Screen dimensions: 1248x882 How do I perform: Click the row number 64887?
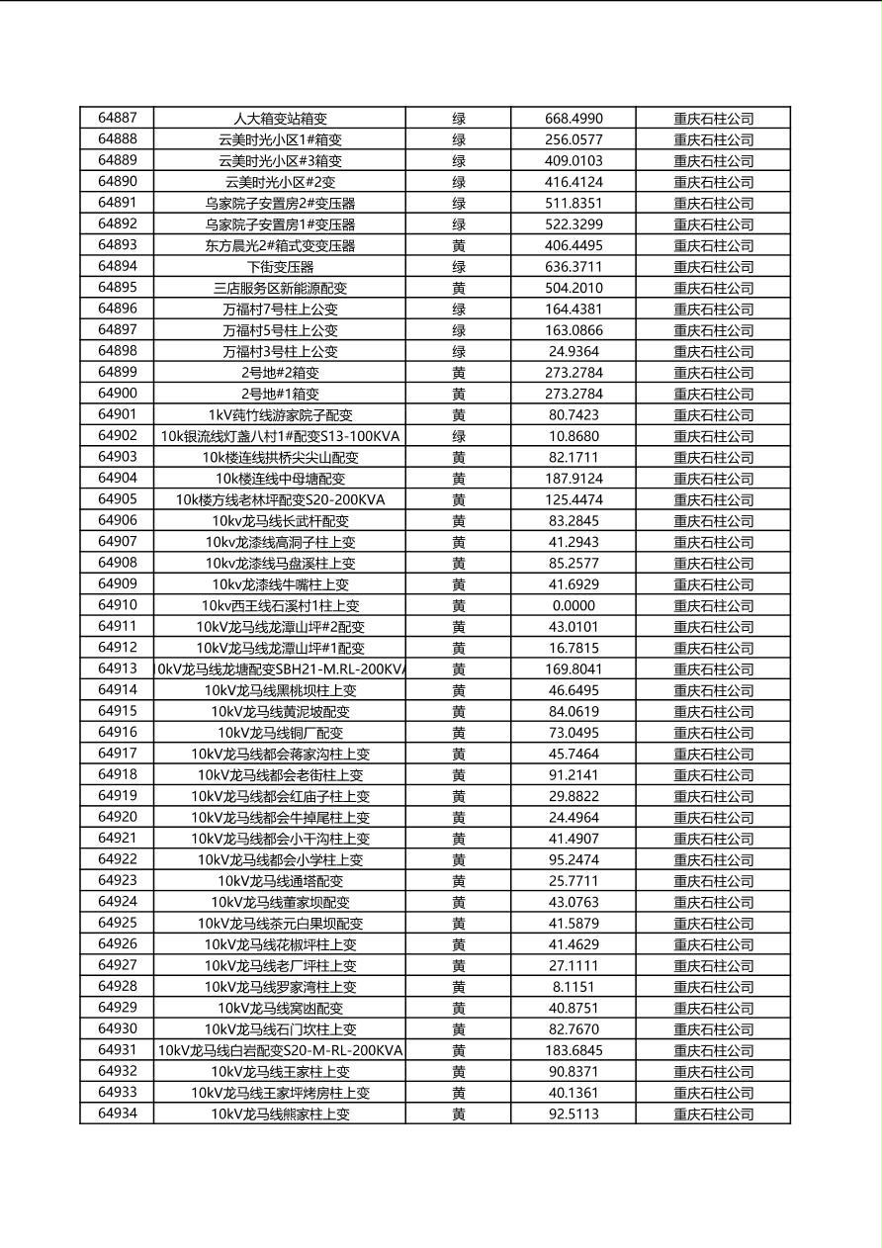coord(118,118)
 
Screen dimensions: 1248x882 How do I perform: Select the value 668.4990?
coord(573,119)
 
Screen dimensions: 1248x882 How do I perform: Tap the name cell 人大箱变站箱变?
coord(280,119)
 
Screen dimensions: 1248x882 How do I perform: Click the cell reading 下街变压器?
coord(280,267)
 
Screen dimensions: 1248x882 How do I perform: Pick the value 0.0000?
coord(573,605)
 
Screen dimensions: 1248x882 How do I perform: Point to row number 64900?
coord(118,394)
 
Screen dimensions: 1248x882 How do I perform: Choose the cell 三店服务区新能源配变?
coord(280,288)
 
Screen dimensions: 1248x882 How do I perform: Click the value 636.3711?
coord(573,267)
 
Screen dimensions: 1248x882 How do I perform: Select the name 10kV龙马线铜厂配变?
coord(280,733)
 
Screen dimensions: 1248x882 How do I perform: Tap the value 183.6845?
coord(573,1050)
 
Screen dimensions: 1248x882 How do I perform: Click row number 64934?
coord(118,1114)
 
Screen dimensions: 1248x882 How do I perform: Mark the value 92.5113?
coord(573,1114)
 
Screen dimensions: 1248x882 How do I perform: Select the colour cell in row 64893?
coord(459,245)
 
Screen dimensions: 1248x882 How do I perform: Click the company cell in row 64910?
coord(713,605)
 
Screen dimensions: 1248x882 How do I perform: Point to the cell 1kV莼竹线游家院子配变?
coord(280,415)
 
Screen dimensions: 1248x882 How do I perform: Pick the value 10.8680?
coord(573,436)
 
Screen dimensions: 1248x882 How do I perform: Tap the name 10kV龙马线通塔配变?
coord(280,881)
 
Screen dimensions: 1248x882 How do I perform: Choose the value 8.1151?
coord(573,987)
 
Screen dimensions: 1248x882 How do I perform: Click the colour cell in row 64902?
coord(459,436)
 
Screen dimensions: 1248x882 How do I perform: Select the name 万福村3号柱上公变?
coord(280,351)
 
